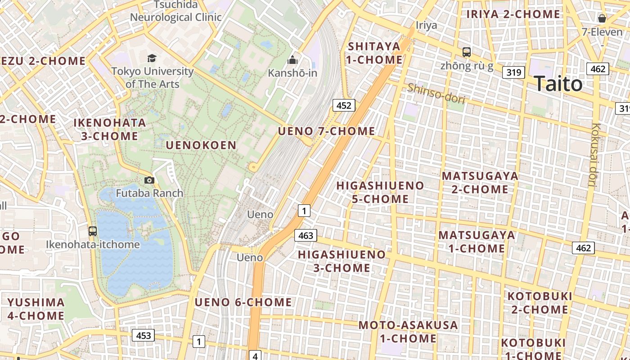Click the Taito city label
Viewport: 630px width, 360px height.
coord(558,84)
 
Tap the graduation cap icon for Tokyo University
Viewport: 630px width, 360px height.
coord(152,58)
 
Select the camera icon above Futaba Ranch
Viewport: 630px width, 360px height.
coord(149,180)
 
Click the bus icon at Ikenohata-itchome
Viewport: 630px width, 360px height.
coord(93,231)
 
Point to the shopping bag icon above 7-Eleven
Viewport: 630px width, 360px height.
coord(602,18)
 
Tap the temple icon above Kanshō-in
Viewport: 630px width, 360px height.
coord(292,59)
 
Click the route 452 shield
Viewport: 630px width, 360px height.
coord(344,105)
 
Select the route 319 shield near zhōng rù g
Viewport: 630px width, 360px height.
coord(513,72)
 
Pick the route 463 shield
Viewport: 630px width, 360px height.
coord(306,235)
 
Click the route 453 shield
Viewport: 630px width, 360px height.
coord(143,335)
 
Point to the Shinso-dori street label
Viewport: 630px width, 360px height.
coord(436,94)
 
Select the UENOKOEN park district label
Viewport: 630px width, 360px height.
coord(201,145)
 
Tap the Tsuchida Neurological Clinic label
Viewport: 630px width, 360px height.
coord(176,11)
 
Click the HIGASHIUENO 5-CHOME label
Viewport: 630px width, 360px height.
coord(380,192)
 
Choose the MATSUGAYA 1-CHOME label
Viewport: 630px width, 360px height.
coord(477,242)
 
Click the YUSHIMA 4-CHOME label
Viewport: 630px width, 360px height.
coord(36,309)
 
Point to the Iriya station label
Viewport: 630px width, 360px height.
coord(426,25)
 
